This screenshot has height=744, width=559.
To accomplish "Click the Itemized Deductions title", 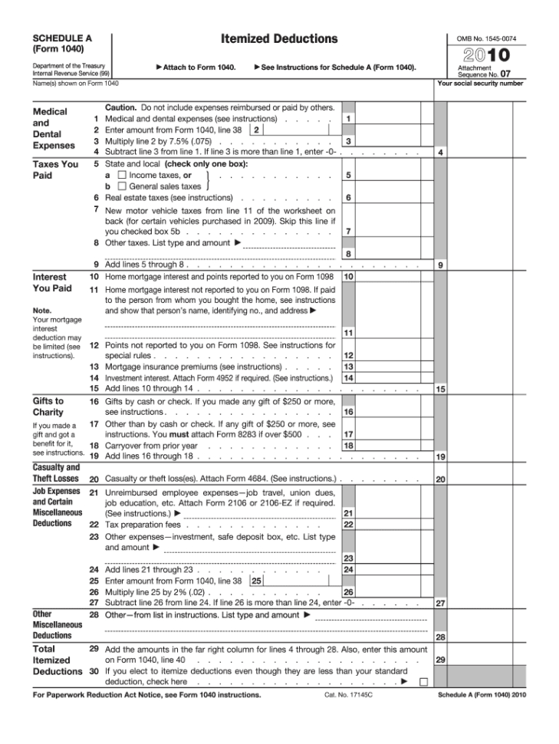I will (279, 38).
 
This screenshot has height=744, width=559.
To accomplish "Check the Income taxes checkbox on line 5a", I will (122, 175).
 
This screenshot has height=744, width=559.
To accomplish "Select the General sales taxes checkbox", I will (122, 186).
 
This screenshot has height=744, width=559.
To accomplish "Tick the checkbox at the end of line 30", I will (423, 681).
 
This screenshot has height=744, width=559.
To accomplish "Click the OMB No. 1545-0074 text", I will (486, 38).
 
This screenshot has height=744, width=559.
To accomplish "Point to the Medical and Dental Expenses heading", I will (54, 128).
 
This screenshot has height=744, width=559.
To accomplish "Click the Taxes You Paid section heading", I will (55, 170).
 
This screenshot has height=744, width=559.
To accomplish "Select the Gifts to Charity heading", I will (48, 406).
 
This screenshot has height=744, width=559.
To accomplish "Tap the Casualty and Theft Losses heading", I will (56, 473).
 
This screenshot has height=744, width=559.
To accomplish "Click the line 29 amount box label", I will (441, 660).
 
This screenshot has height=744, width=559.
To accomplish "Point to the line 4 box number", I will (441, 153).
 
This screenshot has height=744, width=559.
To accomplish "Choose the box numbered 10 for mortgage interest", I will (348, 276).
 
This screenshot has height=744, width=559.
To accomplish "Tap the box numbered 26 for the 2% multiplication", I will (348, 592).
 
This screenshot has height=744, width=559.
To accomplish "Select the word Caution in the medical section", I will (120, 107).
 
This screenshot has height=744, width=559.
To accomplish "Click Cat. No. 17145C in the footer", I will (344, 695).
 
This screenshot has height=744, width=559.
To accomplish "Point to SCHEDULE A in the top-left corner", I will (62, 37).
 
